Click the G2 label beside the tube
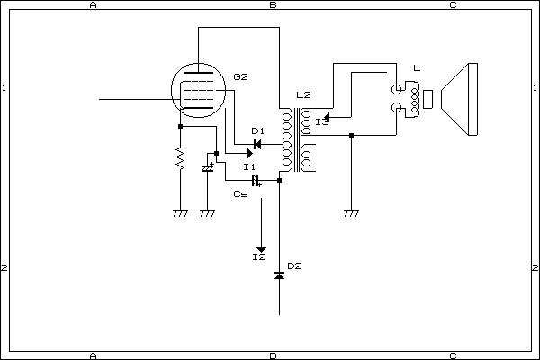(x=239, y=77)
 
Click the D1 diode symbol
(x=257, y=144)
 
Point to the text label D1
(x=257, y=131)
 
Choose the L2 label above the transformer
(x=303, y=95)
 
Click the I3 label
(x=322, y=121)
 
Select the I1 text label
(x=249, y=166)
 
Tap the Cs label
(x=240, y=193)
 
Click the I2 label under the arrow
(x=259, y=258)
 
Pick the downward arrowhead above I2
(x=262, y=247)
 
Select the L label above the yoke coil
(x=414, y=68)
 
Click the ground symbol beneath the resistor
(x=180, y=213)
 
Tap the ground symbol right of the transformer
(x=351, y=213)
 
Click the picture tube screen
(x=470, y=99)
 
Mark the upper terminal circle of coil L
(x=397, y=89)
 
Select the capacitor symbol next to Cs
(x=256, y=180)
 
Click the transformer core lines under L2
(x=295, y=139)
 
